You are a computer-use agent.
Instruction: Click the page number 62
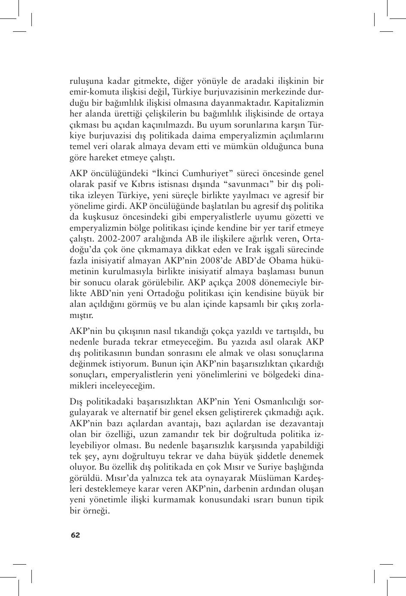(75, 535)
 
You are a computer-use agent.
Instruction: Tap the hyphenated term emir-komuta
(94, 92)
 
